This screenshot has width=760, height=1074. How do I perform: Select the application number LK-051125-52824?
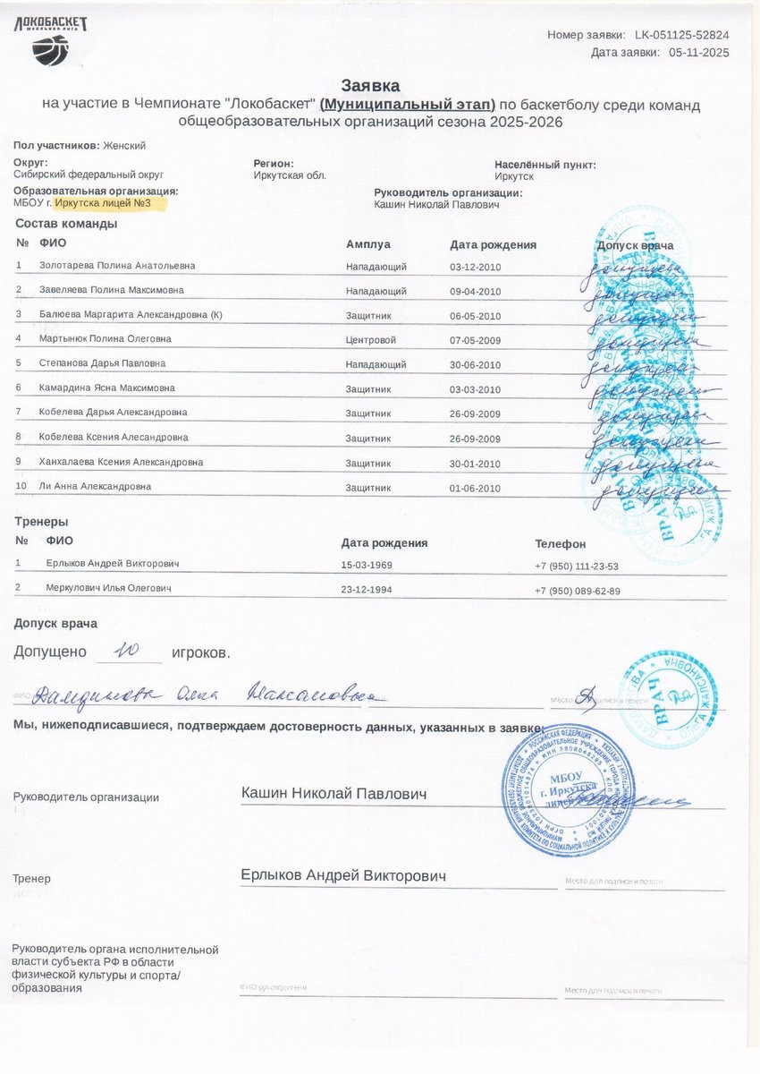tap(681, 35)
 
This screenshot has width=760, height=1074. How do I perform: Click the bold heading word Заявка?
tap(371, 84)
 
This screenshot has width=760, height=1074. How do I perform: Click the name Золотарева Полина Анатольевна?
tap(117, 266)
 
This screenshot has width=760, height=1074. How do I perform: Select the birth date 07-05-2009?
tap(476, 340)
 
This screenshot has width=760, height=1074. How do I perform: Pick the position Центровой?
tap(371, 340)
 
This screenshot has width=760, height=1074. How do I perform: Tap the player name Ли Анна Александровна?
tap(95, 486)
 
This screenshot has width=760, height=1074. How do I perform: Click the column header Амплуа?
tap(368, 244)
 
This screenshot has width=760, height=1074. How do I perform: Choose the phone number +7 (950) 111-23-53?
tap(577, 566)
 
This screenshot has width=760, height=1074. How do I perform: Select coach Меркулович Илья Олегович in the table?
tap(108, 588)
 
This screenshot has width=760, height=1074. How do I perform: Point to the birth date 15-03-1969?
tap(367, 566)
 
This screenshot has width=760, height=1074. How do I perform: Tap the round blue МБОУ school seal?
tap(566, 789)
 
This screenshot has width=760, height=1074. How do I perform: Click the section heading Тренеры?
tap(41, 521)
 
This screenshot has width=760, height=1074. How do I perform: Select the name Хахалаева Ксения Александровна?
tap(121, 462)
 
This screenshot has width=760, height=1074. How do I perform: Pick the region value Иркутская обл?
tap(290, 175)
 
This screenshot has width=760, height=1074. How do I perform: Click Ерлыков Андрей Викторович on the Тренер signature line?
tap(343, 875)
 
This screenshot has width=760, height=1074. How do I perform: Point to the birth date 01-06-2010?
tap(476, 488)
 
